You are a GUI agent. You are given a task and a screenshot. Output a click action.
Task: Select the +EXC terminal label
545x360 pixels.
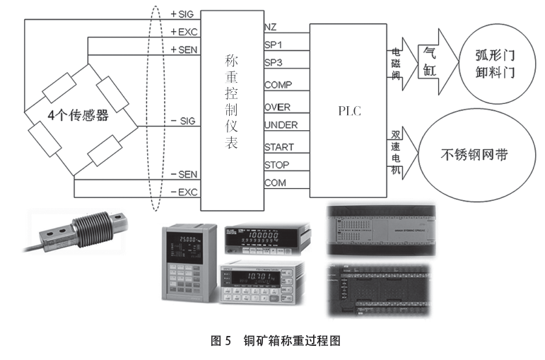point(184,32)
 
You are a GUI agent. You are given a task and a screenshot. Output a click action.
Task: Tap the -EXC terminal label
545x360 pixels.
point(184,192)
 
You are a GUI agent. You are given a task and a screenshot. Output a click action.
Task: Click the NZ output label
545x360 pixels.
point(270,27)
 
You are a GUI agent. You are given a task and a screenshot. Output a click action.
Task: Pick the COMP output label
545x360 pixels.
point(277,85)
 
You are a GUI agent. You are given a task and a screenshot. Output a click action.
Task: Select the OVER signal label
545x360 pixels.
point(277,107)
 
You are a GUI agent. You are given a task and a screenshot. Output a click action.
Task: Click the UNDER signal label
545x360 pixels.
point(280,125)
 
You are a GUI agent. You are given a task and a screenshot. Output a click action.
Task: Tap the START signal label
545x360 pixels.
point(279,147)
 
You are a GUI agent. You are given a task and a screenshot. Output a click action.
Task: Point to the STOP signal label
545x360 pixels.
point(276,165)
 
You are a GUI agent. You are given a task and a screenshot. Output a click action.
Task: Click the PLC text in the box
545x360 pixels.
point(348,112)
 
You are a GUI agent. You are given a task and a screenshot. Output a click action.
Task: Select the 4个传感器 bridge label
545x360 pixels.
point(78,115)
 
